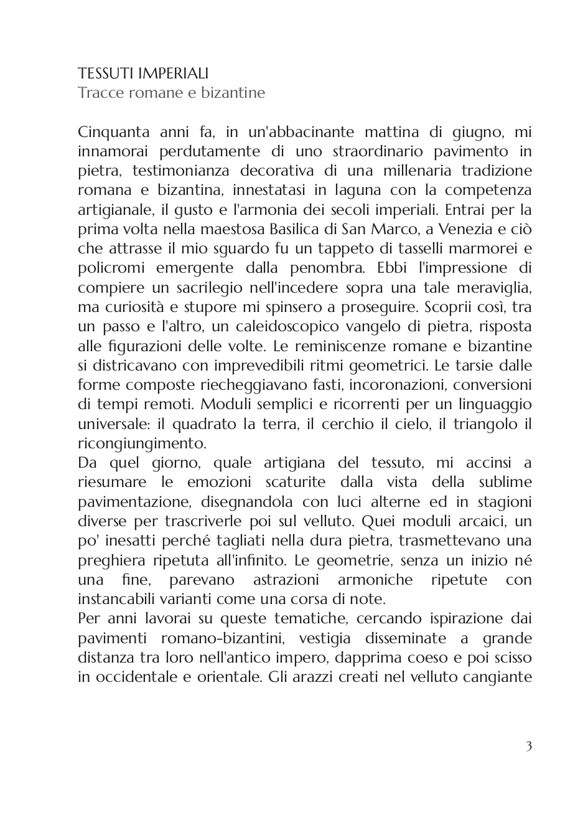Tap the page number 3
pyautogui.click(x=529, y=746)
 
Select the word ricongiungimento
pyautogui.click(x=142, y=442)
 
